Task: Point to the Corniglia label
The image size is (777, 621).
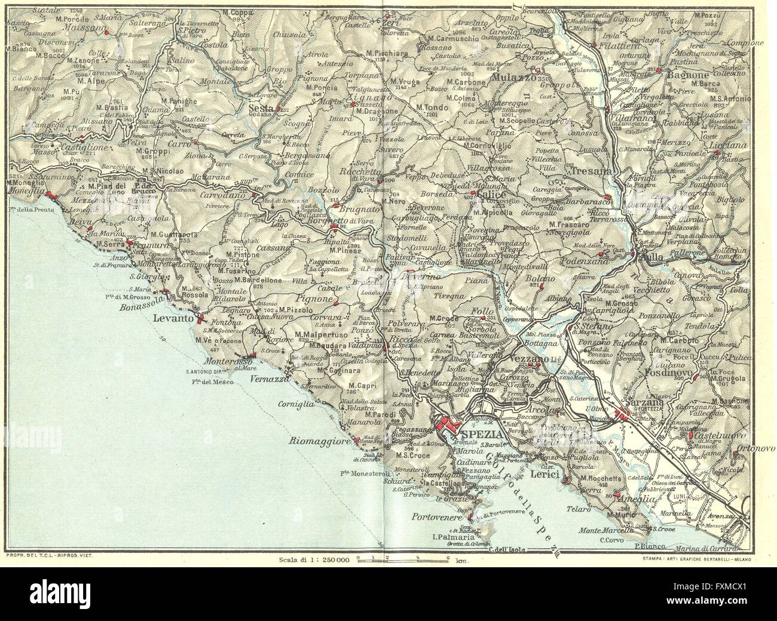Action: (296, 404)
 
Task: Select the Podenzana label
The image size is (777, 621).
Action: (584, 262)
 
